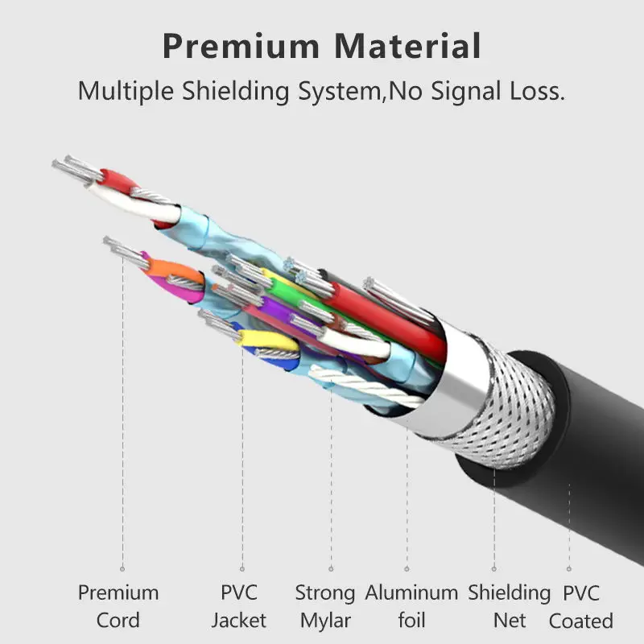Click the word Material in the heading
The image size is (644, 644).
(x=408, y=46)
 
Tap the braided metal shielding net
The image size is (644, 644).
(x=515, y=411)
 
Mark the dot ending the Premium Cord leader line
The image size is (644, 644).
(x=122, y=568)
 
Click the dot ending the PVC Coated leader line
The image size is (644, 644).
(x=569, y=568)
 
